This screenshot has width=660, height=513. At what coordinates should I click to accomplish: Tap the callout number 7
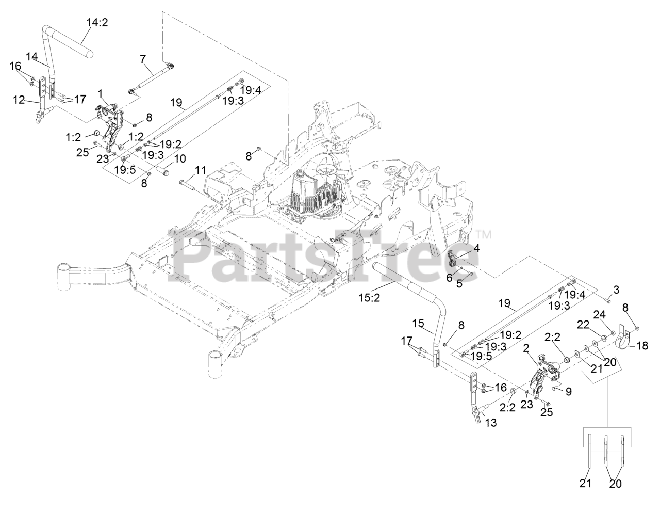tap(143, 59)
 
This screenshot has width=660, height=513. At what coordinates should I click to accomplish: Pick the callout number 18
tap(643, 345)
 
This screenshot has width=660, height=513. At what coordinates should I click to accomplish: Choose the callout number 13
tap(491, 423)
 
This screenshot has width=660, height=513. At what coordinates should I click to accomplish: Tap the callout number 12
tap(19, 100)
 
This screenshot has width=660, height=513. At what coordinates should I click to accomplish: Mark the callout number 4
tap(476, 248)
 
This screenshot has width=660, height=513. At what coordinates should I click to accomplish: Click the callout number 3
tap(616, 288)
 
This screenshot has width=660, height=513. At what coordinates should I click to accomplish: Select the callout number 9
tap(568, 391)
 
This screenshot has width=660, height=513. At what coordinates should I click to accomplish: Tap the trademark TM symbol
tap(486, 235)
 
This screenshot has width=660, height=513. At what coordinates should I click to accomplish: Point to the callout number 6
tap(450, 278)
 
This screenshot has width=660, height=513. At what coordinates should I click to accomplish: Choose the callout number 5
tap(459, 283)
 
